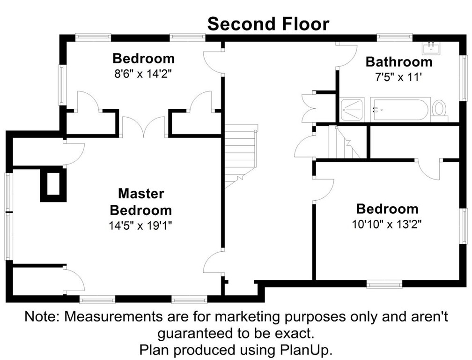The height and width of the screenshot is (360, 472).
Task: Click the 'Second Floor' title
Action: (x=268, y=24)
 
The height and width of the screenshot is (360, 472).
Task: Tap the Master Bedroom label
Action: (x=141, y=202)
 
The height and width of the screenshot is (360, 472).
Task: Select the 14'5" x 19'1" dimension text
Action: (x=140, y=225)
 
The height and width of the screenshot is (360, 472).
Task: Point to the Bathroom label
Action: (x=399, y=62)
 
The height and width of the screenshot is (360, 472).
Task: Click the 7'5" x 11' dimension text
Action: (x=398, y=77)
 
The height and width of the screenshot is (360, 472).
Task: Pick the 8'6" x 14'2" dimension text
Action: (x=143, y=74)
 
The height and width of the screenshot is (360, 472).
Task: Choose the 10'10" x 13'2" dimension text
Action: (x=387, y=224)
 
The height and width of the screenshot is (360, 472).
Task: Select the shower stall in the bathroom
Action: (x=352, y=110)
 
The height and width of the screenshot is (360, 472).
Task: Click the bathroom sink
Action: (x=431, y=48)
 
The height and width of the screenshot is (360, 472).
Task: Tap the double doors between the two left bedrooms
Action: (x=144, y=127)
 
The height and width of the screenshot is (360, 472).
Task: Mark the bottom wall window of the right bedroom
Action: (x=384, y=284)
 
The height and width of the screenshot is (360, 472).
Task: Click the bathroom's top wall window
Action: (x=394, y=37)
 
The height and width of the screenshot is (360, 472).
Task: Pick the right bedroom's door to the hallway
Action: (x=323, y=190)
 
